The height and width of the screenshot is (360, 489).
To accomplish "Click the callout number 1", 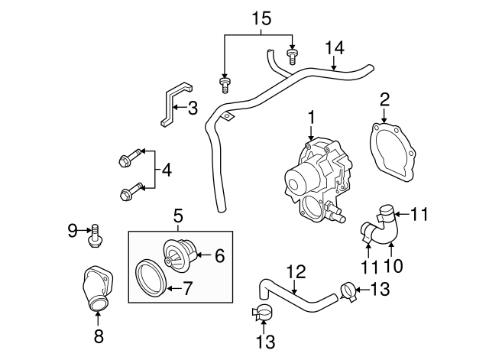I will click(312, 117).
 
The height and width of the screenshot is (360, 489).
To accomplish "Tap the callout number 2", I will click(384, 99).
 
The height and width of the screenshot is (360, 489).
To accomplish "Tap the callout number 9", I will click(73, 229).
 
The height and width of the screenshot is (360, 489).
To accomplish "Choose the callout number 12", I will click(296, 270).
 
